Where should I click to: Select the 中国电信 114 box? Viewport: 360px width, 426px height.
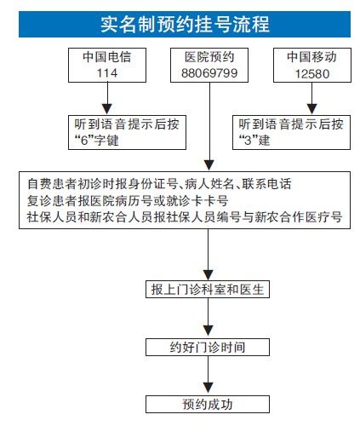point(103,66)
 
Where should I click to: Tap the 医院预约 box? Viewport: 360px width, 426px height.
point(209,66)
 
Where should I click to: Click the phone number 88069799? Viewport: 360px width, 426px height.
point(209,73)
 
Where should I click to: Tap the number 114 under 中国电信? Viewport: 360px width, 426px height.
point(103,73)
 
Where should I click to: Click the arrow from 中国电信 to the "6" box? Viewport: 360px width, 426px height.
point(103,100)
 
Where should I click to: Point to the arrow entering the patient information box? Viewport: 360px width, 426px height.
point(209,128)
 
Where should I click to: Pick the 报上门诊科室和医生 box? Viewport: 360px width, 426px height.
point(208,290)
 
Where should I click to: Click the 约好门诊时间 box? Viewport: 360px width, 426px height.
point(208,347)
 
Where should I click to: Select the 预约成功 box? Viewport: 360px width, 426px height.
point(208,404)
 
